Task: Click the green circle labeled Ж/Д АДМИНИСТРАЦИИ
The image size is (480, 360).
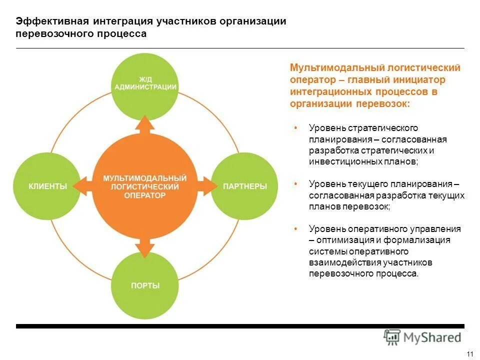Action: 145,87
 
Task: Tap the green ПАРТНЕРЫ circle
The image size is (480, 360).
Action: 244,186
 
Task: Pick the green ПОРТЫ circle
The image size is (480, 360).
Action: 145,285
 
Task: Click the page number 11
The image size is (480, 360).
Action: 469,354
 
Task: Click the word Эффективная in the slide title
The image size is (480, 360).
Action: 52,21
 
